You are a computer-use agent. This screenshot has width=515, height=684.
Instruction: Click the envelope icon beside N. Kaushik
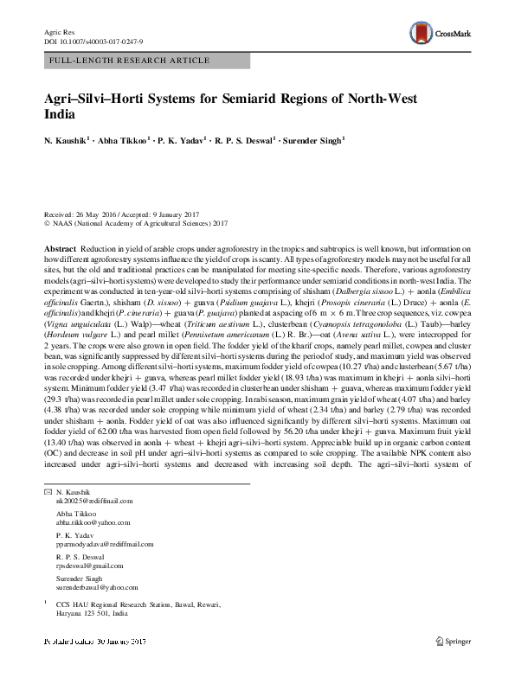(x=48, y=490)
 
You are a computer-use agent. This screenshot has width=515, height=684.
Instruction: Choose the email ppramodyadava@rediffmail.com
(x=104, y=544)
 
